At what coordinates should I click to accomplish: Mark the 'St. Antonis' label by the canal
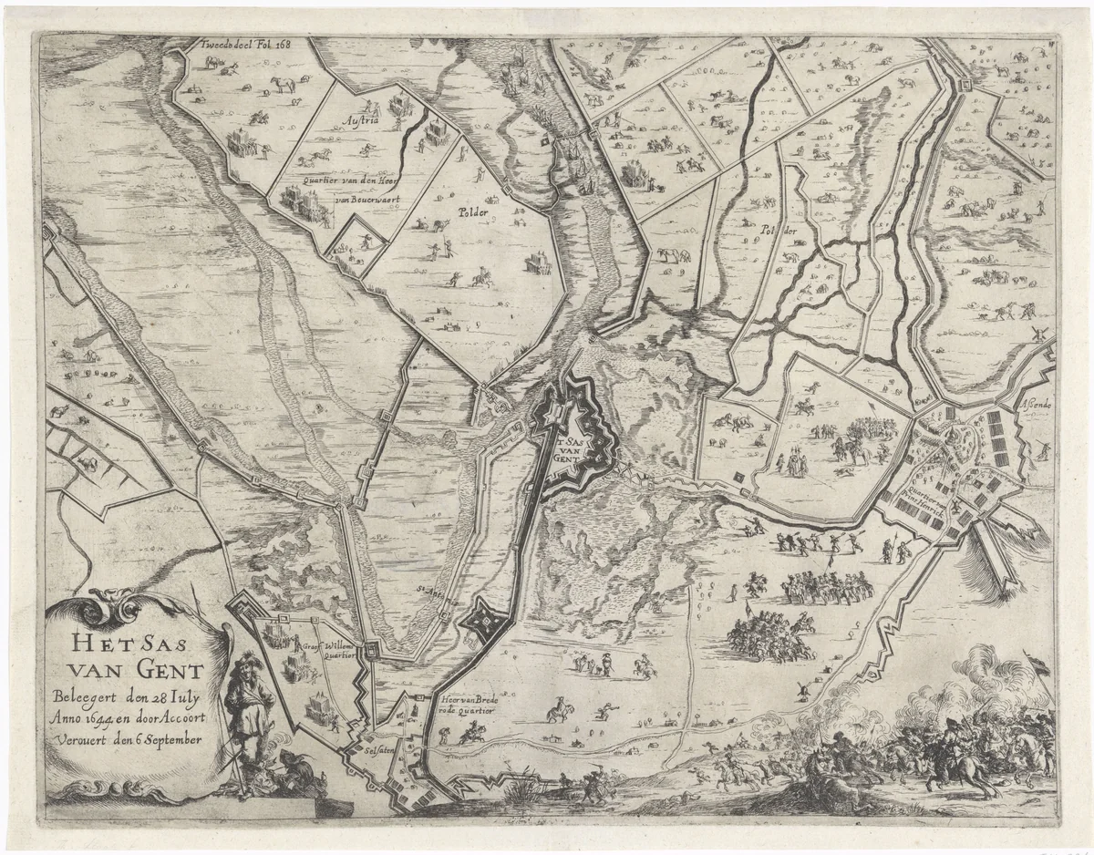[434, 593]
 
